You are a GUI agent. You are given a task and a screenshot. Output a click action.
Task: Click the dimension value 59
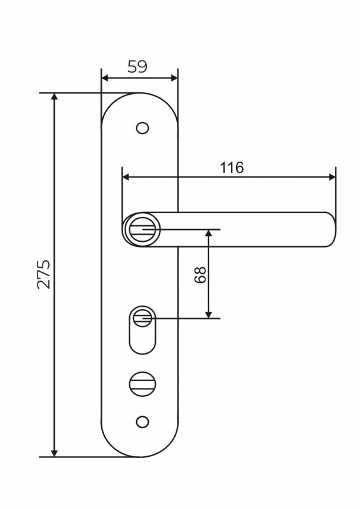pos(137,67)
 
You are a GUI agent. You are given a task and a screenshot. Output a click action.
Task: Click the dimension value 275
pos(43,274)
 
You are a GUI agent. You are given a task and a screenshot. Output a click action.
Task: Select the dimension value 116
pos(232,168)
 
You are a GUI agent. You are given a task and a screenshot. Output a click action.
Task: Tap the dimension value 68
pos(200,275)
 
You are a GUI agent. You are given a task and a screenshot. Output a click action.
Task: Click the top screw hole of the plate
pos(142,128)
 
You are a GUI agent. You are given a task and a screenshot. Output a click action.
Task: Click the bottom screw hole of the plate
pos(142,422)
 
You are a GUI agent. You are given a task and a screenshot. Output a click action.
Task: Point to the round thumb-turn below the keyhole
pos(142,384)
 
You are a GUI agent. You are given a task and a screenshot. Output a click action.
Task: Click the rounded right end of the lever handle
pos(330,229)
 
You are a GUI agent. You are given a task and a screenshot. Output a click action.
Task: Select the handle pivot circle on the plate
pos(142,229)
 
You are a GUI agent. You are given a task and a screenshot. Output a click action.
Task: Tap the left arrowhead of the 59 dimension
pos(104,78)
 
